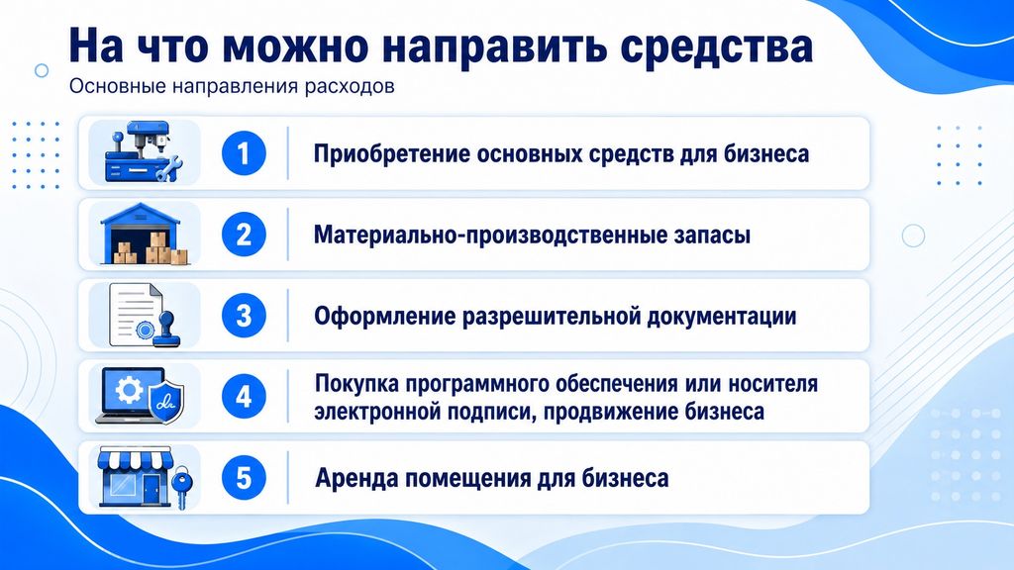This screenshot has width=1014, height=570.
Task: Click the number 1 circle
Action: tap(244, 153)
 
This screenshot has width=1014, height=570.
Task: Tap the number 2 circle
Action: tap(244, 235)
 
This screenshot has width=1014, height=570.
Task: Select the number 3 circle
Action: tap(244, 316)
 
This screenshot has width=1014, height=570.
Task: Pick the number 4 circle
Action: tap(244, 397)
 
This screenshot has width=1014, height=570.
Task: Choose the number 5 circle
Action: tap(244, 478)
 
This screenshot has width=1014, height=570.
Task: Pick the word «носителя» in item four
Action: tap(772, 384)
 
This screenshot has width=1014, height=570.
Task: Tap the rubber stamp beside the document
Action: tap(167, 329)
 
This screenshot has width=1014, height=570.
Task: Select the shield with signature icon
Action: tap(166, 402)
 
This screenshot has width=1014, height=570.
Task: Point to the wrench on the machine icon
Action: tap(170, 169)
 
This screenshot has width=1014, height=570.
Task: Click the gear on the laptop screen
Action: tap(129, 390)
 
